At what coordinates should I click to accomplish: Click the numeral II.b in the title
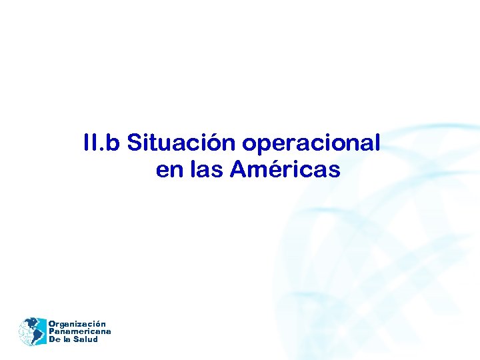click(102, 143)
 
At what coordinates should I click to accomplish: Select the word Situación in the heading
click(182, 143)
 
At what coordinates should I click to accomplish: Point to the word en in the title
click(169, 171)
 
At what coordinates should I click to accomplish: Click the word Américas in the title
click(285, 170)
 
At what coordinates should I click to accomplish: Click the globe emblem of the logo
click(32, 331)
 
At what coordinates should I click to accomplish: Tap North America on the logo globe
click(28, 325)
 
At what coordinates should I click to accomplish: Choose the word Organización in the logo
click(77, 324)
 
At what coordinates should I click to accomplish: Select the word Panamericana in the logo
click(80, 331)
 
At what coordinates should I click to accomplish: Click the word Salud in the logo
click(86, 339)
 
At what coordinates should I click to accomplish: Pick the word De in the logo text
click(55, 339)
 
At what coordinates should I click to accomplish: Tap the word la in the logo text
click(67, 339)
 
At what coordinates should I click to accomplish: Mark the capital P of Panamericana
click(52, 331)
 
